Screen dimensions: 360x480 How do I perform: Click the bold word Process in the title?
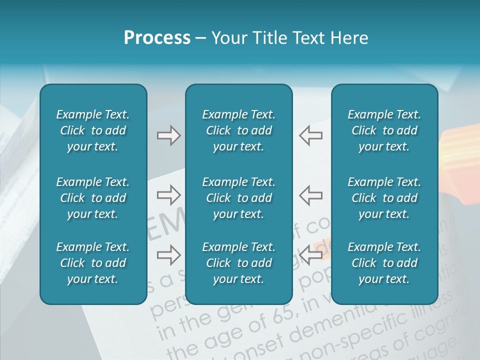(157, 38)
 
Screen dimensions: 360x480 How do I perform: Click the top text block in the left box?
(93, 130)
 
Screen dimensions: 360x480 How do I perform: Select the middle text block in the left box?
(93, 198)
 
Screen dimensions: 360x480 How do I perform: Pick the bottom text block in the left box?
(93, 263)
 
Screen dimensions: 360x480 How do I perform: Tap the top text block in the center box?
(239, 130)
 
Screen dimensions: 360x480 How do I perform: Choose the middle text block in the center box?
(239, 198)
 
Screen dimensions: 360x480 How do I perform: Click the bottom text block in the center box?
(239, 263)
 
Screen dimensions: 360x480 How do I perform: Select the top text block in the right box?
(384, 130)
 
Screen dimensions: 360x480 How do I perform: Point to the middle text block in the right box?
(384, 198)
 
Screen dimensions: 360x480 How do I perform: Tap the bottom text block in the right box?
(384, 263)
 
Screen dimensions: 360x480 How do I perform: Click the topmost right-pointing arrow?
(168, 135)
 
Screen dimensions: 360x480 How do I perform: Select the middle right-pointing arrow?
(168, 195)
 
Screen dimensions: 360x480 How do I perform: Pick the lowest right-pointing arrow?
(168, 255)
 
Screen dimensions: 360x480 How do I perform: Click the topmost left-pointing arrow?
(311, 135)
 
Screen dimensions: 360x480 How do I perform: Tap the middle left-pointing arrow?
(311, 195)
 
